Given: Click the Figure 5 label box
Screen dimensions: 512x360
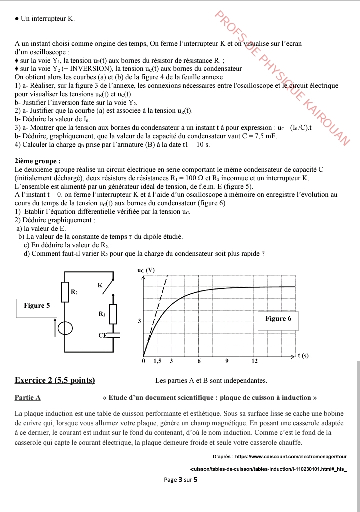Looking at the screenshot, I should (37, 305).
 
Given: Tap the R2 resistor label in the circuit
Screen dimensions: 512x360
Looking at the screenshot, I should (74, 291).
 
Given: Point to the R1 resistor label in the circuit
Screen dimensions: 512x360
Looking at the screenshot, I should (102, 314).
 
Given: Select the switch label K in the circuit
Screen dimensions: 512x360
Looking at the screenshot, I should (100, 285).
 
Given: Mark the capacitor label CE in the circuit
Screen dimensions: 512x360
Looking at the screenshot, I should (102, 335).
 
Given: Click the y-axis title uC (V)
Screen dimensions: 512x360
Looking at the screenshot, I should (146, 271).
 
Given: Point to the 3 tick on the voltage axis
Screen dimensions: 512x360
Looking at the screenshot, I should (139, 321).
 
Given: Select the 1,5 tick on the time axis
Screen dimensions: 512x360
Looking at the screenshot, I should (157, 361).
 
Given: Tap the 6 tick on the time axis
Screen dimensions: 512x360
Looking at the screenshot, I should (199, 361).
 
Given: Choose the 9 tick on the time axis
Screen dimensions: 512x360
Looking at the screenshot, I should (226, 361).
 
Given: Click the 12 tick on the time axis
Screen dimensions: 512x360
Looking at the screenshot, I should (254, 361).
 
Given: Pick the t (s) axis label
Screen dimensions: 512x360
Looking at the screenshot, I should (303, 356).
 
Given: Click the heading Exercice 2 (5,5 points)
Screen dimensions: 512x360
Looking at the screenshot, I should (55, 380).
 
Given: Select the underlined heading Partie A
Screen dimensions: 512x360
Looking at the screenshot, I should (28, 398).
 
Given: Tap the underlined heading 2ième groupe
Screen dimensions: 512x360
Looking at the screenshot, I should (38, 161).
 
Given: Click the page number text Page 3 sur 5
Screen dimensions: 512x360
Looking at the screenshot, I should (181, 480).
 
